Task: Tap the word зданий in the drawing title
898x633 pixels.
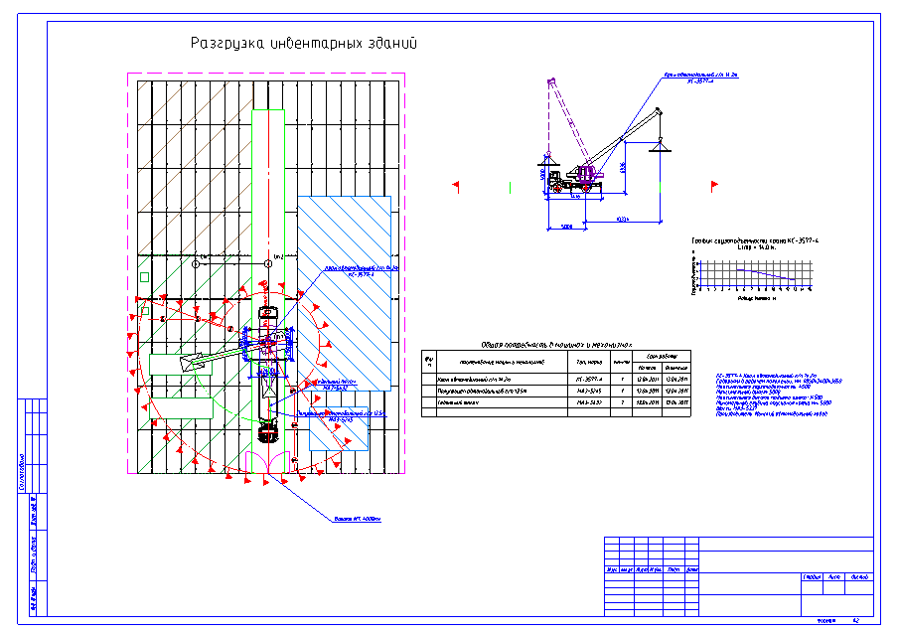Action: coord(390,44)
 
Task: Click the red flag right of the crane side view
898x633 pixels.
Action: coord(712,185)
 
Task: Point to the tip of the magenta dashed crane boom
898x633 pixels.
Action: coord(548,80)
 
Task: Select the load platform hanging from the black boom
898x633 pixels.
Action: coord(657,148)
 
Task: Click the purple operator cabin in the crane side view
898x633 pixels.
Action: coord(591,175)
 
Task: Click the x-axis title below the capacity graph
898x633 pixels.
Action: coord(762,296)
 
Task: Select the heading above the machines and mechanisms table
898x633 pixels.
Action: coord(556,343)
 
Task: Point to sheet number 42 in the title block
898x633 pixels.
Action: coord(856,620)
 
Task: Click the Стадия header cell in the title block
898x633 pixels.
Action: coord(811,576)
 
